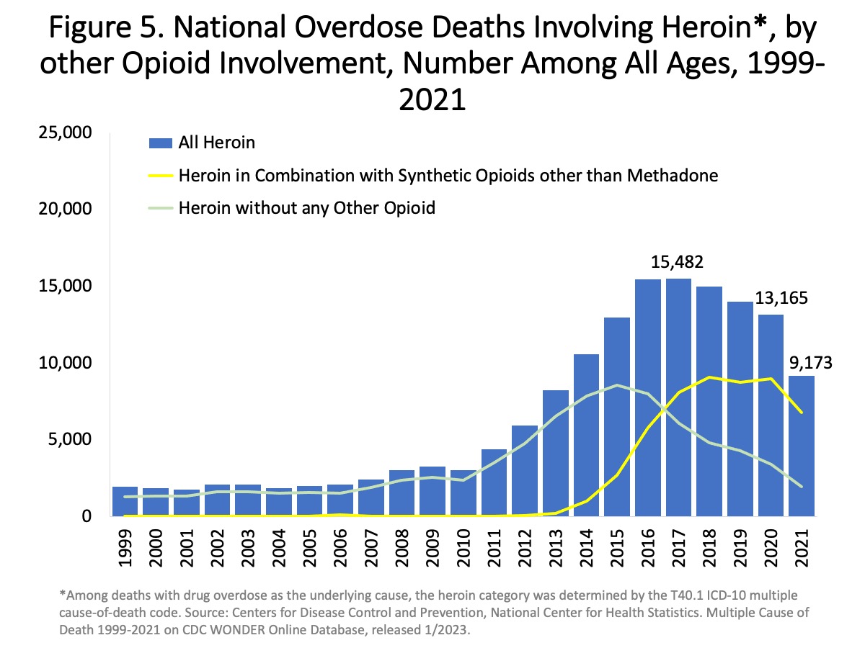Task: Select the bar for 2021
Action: pyautogui.click(x=802, y=446)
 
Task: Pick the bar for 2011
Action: pyautogui.click(x=494, y=482)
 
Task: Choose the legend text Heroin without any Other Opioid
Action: pyautogui.click(x=307, y=209)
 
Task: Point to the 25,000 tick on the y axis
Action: pyautogui.click(x=66, y=132)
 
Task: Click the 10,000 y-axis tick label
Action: pyautogui.click(x=66, y=363)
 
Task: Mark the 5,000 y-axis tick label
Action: pyautogui.click(x=70, y=440)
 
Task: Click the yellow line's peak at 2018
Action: pyautogui.click(x=709, y=377)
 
